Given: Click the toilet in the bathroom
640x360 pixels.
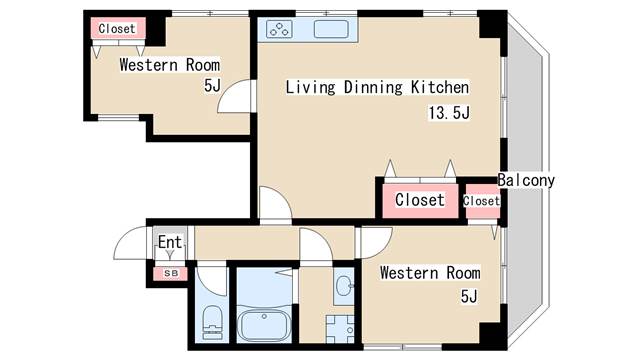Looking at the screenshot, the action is [x=212, y=322].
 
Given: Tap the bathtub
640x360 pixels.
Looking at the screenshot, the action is [x=264, y=325].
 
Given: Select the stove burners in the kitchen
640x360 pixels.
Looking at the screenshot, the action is [x=279, y=29].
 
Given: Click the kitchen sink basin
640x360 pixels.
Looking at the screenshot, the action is [x=331, y=29].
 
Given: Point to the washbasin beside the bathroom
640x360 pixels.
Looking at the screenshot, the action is [x=344, y=286].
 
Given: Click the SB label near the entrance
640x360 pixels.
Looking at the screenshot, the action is [x=171, y=273].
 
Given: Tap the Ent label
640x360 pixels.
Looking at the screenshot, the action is [x=170, y=242].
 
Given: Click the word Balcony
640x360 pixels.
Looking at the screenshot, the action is [x=526, y=180].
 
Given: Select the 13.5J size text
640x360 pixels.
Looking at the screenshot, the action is [x=449, y=112].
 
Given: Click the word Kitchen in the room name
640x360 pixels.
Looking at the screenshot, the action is [x=440, y=87].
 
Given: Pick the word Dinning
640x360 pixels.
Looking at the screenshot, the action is [x=373, y=87].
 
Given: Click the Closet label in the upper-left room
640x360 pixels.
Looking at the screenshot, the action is [x=117, y=29].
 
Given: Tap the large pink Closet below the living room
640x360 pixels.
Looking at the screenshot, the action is [x=420, y=200].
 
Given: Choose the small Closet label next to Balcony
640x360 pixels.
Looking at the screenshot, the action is [x=481, y=201].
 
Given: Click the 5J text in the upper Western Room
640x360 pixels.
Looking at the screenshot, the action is [x=212, y=85].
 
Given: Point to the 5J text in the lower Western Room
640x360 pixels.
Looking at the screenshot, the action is [x=469, y=296].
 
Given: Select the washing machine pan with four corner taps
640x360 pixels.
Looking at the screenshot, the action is [x=340, y=329].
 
